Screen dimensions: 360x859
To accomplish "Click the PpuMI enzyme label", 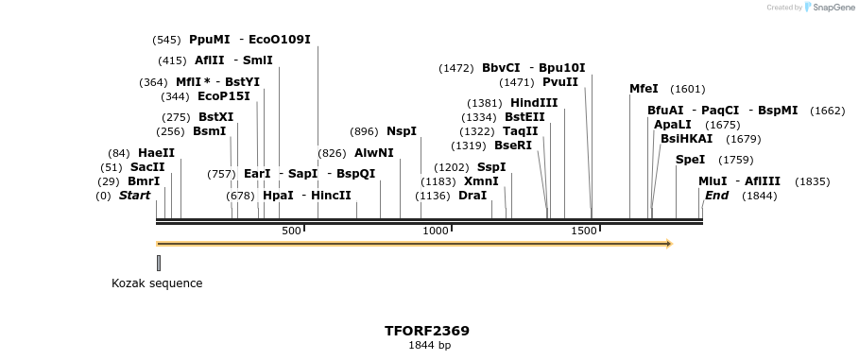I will coord(210,40).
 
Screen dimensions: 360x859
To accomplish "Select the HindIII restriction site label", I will coord(534,103).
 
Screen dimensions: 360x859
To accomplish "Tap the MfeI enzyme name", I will coord(644,89).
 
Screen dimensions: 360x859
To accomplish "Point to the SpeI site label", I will coord(691,160).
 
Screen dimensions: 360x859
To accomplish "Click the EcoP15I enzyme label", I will coord(224,96).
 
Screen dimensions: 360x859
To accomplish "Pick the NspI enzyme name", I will coord(402,131).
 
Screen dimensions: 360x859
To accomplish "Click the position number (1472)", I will coord(456,68).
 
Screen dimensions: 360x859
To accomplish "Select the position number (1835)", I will coord(812,181).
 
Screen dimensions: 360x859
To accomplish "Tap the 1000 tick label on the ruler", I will coord(436,231).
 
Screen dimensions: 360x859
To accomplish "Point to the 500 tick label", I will coord(290,231).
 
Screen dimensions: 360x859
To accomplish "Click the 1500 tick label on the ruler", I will coord(584,231).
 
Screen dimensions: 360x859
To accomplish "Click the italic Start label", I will coord(134,196).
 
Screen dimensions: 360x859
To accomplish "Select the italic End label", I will coord(716,196).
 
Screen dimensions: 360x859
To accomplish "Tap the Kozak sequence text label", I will coord(157,283).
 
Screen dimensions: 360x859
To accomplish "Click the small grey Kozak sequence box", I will coord(159,263).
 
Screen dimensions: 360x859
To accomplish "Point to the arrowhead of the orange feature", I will coord(668,244).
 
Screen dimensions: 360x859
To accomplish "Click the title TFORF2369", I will coord(427,331).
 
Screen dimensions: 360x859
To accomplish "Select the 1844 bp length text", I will coord(429,346).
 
